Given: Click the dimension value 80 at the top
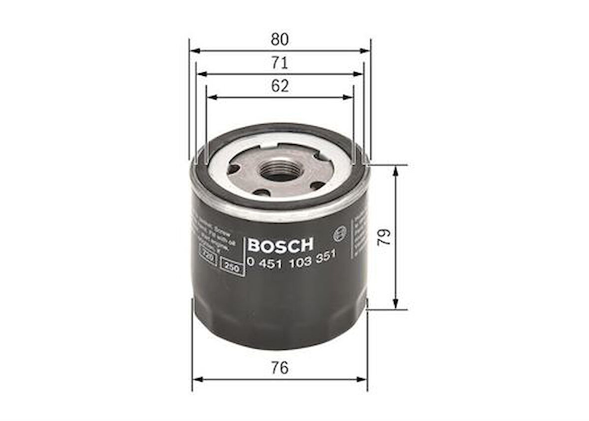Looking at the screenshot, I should point(280,39).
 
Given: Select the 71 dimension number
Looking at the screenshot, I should point(280,63).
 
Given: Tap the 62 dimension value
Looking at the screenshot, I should point(280,86).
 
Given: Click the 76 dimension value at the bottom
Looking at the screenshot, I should point(280,368).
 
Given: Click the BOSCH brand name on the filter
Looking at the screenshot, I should point(280,245).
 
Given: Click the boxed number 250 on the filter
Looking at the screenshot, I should point(232,268).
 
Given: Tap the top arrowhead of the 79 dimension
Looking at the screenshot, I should point(396,169).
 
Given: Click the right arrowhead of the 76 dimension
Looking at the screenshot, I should point(363,380).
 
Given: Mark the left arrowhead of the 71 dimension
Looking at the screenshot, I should point(201,74).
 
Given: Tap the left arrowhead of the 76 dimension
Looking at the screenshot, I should point(196,380).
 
